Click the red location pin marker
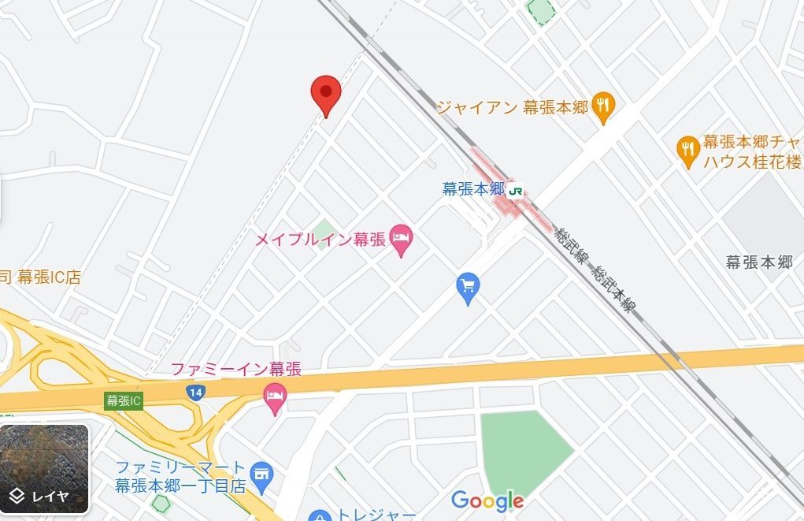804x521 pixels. point(325,94)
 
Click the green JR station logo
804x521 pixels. point(516,189)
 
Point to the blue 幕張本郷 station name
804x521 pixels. point(472,189)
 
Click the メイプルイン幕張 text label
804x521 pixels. point(320,240)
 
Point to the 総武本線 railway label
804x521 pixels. point(614,288)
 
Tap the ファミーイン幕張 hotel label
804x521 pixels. point(236,369)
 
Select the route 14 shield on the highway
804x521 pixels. point(196,392)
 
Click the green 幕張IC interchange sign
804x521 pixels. point(124,400)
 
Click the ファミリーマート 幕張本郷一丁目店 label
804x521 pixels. point(181,476)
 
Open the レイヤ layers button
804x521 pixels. point(44,469)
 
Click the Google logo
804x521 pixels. point(487,501)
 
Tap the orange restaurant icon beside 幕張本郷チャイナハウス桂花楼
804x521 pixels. point(688,151)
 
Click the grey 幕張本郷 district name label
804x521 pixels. point(759,262)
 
